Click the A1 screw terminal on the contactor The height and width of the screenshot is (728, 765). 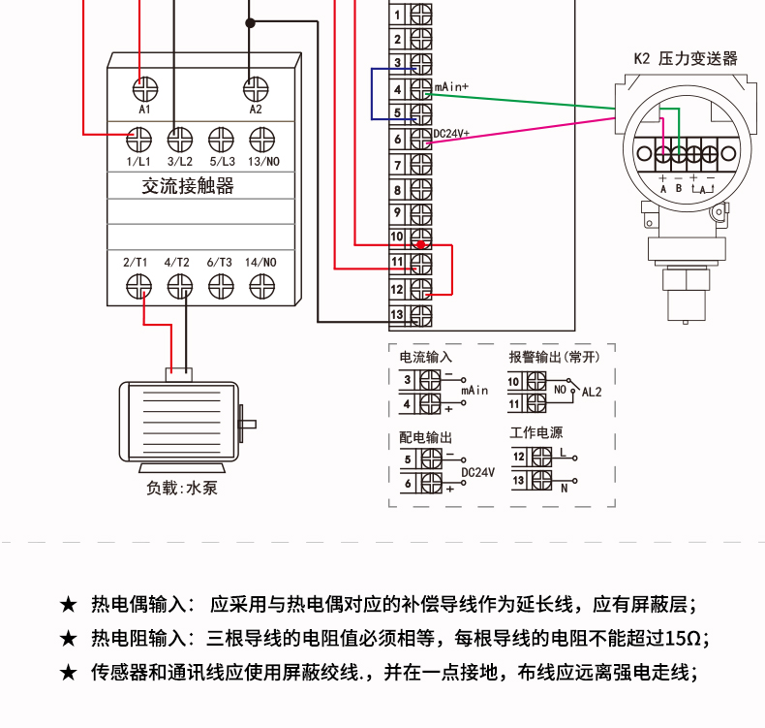pyautogui.click(x=145, y=89)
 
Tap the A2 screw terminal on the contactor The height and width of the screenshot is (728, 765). pyautogui.click(x=256, y=89)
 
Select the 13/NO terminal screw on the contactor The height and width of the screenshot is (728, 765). pyautogui.click(x=262, y=141)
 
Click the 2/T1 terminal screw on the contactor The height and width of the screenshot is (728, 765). pyautogui.click(x=138, y=286)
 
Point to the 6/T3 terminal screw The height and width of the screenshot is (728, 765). pyautogui.click(x=221, y=286)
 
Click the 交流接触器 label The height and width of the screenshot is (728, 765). pyautogui.click(x=188, y=186)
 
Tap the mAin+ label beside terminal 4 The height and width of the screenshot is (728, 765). pyautogui.click(x=451, y=87)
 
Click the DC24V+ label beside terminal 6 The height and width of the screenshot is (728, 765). pyautogui.click(x=451, y=134)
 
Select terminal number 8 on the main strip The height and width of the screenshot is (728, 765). pyautogui.click(x=397, y=190)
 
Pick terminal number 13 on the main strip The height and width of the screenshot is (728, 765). pyautogui.click(x=397, y=314)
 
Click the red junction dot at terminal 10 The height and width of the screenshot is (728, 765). pyautogui.click(x=420, y=244)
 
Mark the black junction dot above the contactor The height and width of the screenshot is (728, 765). pyautogui.click(x=250, y=22)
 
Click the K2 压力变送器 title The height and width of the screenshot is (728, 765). pyautogui.click(x=686, y=58)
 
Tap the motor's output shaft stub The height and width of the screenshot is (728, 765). pyautogui.click(x=248, y=425)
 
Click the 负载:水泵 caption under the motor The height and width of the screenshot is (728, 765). pyautogui.click(x=181, y=488)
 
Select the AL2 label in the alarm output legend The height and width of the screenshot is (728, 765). pyautogui.click(x=592, y=392)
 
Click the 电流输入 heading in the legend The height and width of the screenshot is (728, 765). pyautogui.click(x=425, y=358)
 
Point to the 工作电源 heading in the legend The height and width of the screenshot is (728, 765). pyautogui.click(x=536, y=432)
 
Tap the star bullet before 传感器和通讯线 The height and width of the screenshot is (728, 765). pyautogui.click(x=69, y=673)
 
